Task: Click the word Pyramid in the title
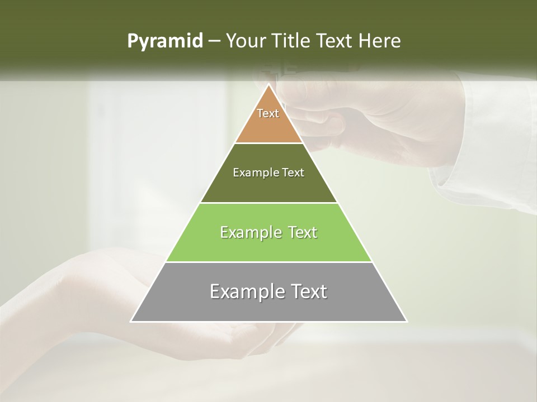click(165, 41)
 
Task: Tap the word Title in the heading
click(292, 41)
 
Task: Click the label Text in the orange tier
click(268, 113)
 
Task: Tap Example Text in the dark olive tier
click(268, 173)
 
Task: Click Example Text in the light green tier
click(268, 232)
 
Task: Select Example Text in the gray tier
click(268, 291)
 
